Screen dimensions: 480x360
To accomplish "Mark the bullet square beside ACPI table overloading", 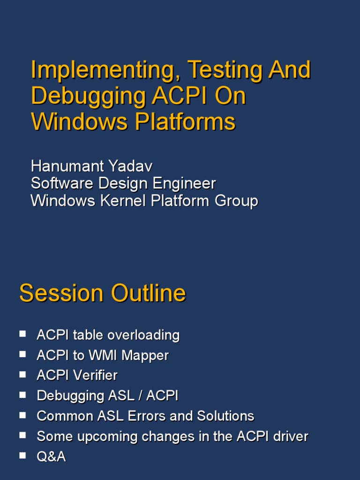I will click(x=22, y=334).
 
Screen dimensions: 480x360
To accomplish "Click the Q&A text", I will click(x=51, y=457).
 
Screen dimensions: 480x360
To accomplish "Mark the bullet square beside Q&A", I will click(x=22, y=455).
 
